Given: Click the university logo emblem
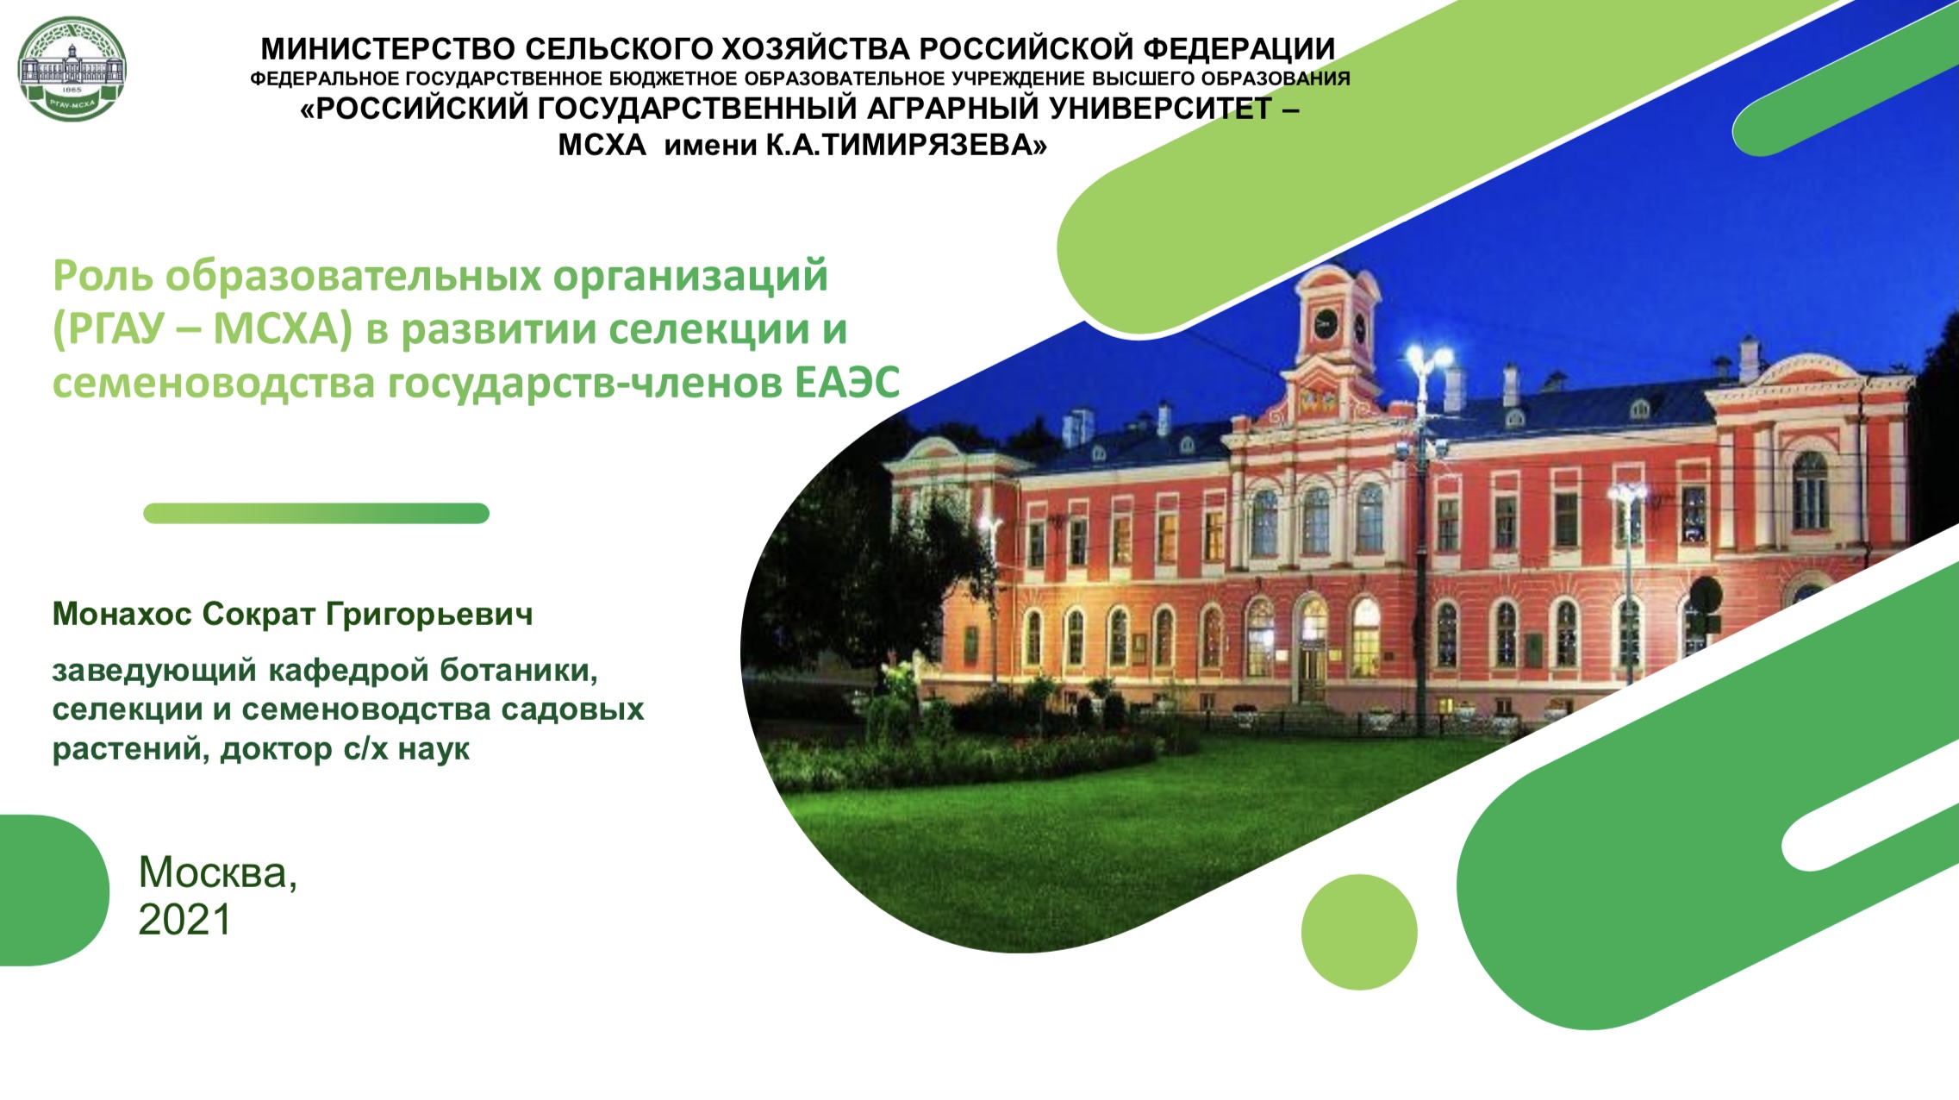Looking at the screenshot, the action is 72,68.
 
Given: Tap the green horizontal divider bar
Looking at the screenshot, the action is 316,514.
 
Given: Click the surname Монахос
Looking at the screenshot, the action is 122,614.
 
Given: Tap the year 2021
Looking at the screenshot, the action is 184,920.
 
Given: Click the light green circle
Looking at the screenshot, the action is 1359,932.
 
